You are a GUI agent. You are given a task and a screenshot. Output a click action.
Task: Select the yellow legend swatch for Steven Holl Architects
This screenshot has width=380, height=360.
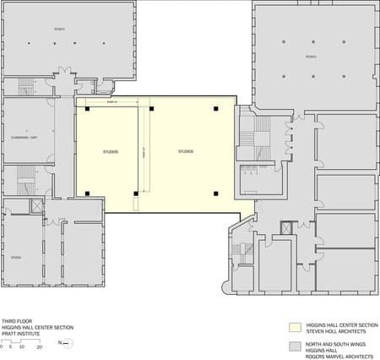[x=295, y=325]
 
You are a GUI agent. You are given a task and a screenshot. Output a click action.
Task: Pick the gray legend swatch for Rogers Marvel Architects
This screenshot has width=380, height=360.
[x=295, y=346]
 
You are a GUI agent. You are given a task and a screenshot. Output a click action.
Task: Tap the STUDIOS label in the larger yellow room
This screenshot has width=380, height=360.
[x=186, y=151]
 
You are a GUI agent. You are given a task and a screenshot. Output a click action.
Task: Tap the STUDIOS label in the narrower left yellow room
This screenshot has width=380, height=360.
[x=111, y=151]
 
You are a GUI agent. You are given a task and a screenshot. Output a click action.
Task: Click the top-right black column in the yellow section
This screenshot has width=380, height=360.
[x=216, y=109]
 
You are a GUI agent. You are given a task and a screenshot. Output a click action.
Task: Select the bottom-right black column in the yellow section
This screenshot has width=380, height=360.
[x=216, y=194]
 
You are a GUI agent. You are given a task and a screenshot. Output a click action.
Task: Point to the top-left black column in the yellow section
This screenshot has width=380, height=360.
[x=87, y=109]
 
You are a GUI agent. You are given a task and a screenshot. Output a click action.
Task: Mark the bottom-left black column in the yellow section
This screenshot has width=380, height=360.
[x=87, y=194]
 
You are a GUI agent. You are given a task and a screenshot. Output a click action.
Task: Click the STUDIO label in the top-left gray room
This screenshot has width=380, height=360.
[x=59, y=29]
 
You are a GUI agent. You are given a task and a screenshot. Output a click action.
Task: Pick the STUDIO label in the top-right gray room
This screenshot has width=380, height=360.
[x=311, y=57]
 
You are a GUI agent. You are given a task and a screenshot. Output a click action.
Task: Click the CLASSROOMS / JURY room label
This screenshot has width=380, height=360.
[x=29, y=135]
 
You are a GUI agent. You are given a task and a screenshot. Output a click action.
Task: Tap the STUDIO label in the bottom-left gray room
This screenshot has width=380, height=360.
[x=17, y=256]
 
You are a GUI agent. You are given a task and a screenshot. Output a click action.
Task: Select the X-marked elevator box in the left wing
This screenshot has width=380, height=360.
[x=36, y=206]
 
